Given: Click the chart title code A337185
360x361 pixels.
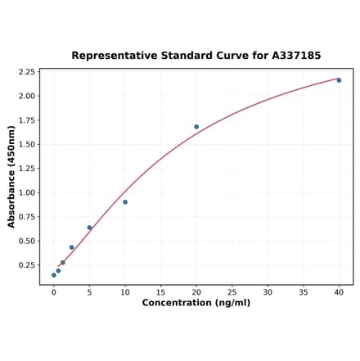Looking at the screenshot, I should tap(292, 56).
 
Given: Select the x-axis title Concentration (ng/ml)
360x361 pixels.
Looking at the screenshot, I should tap(196, 303).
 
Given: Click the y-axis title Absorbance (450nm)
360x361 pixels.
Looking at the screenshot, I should tap(11, 176).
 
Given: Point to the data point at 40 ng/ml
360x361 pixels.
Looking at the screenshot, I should tap(339, 80).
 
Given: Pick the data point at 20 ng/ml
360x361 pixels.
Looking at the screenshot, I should tap(196, 127).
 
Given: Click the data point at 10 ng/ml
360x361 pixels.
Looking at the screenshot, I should tap(125, 202).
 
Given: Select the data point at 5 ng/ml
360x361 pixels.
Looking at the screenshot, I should tap(89, 228).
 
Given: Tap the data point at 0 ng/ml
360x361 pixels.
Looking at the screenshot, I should tap(54, 275).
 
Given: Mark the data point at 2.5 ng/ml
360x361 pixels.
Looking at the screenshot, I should tap(71, 247).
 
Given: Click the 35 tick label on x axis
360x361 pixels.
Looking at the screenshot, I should tap(304, 291).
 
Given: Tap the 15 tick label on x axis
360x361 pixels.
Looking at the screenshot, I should tap(160, 291).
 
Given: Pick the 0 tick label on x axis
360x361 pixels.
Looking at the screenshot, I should tap(54, 291).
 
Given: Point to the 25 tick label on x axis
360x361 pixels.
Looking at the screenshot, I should tap(232, 291).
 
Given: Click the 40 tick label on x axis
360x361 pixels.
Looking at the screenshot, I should tap(339, 291).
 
